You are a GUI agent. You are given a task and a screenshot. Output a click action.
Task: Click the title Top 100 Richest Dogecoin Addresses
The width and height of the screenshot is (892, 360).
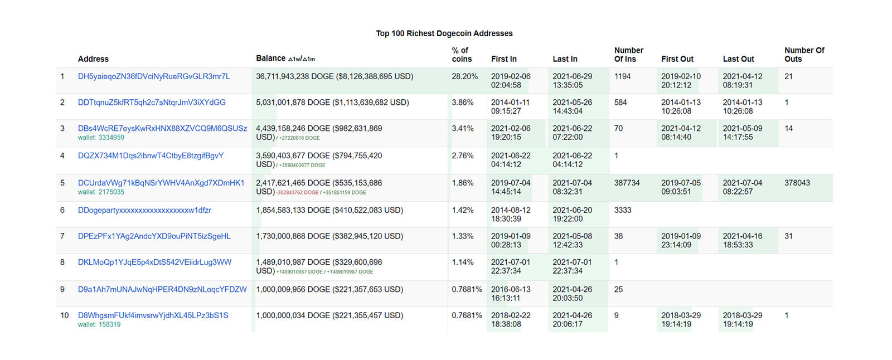[x=444, y=33]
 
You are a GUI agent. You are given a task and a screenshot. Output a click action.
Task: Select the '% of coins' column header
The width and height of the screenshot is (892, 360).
[x=462, y=55]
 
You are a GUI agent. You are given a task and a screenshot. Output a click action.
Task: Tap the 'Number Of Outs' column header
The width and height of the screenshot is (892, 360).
[x=804, y=55]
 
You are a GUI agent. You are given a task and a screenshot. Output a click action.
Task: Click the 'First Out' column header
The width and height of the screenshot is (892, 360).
[x=677, y=59]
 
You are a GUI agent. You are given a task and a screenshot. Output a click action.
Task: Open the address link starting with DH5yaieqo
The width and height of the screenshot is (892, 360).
[x=154, y=76]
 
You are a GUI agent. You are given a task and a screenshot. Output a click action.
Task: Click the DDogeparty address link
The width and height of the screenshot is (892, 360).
[x=144, y=210]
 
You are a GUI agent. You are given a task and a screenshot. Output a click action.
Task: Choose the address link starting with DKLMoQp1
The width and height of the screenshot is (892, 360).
[x=154, y=262]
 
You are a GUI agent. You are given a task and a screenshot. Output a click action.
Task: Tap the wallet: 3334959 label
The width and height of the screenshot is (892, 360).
[x=101, y=138]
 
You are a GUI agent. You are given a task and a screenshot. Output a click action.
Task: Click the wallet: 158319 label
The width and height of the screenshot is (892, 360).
[x=99, y=324]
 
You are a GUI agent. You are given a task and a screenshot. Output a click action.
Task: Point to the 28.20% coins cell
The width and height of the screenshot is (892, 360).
[x=464, y=76]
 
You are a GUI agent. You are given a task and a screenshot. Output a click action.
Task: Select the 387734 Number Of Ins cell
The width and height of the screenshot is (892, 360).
[x=627, y=183]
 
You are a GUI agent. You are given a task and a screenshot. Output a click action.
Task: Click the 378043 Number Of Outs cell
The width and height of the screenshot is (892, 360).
[x=797, y=183]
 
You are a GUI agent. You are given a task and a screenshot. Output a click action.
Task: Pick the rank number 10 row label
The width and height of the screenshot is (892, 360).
[x=65, y=316]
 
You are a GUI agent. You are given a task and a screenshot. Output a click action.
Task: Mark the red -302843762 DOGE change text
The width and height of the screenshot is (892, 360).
[x=298, y=193]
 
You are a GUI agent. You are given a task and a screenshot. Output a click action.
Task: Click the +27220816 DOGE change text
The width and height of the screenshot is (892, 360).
[x=299, y=138]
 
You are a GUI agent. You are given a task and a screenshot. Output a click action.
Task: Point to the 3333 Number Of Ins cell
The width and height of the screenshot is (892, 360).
[x=622, y=210]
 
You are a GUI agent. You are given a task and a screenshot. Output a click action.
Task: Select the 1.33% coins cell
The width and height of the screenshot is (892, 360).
[x=463, y=236]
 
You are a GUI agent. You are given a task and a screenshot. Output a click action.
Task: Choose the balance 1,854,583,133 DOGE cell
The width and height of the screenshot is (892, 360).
[x=329, y=210]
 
